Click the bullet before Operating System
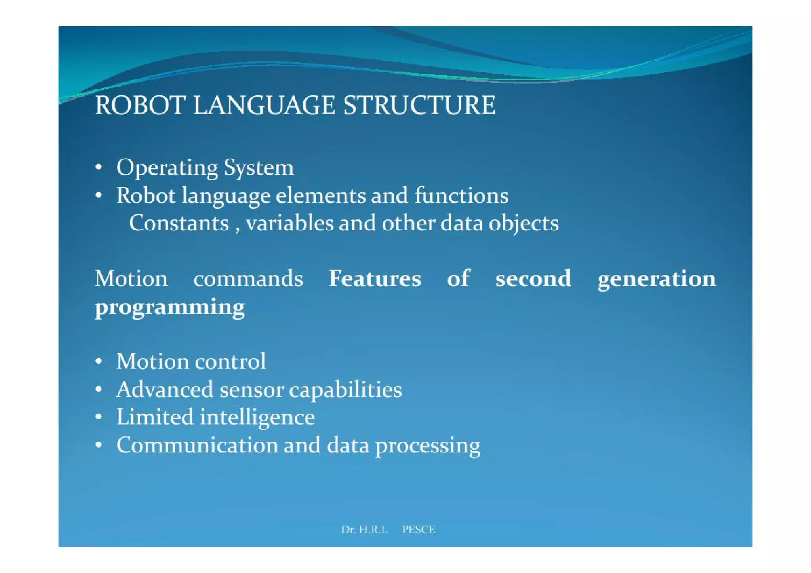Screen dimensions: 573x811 point(99,167)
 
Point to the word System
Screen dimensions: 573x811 point(259,168)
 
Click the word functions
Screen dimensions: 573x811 point(461,195)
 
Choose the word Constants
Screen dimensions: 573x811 point(179,223)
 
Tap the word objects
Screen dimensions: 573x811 point(523,224)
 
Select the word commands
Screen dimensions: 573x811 point(248,279)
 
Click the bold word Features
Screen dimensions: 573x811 point(375,279)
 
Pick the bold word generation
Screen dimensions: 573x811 point(657,279)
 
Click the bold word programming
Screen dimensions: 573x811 point(169,308)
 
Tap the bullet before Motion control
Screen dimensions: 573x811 point(99,361)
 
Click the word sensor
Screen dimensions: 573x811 point(251,390)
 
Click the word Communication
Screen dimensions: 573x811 point(197,446)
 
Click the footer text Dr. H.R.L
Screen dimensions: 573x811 point(364,529)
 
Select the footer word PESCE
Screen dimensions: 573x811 point(418,529)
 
